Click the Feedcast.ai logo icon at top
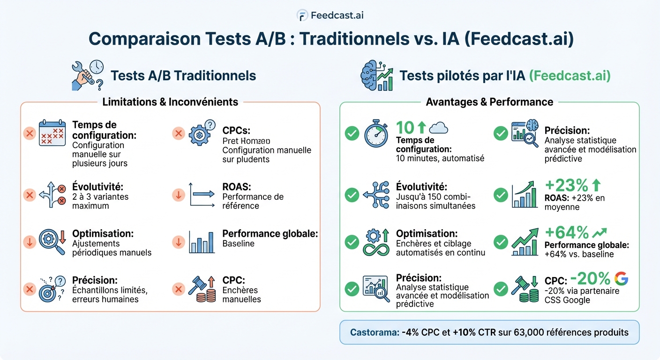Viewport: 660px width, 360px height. tap(302, 15)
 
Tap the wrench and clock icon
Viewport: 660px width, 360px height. tap(87, 75)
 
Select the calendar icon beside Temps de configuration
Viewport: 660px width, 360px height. tap(52, 133)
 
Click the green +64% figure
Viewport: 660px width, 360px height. tap(567, 232)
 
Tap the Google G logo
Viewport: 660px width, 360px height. tap(621, 278)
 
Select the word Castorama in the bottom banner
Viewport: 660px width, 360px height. tap(374, 332)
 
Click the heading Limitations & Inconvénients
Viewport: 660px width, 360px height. tap(170, 102)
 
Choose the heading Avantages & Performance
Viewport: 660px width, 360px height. tap(489, 102)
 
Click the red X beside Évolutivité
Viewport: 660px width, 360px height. tap(30, 195)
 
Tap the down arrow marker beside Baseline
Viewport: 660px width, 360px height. tap(178, 242)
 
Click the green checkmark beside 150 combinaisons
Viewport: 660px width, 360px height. tap(352, 195)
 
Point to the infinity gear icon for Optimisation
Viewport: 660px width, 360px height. tap(376, 242)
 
